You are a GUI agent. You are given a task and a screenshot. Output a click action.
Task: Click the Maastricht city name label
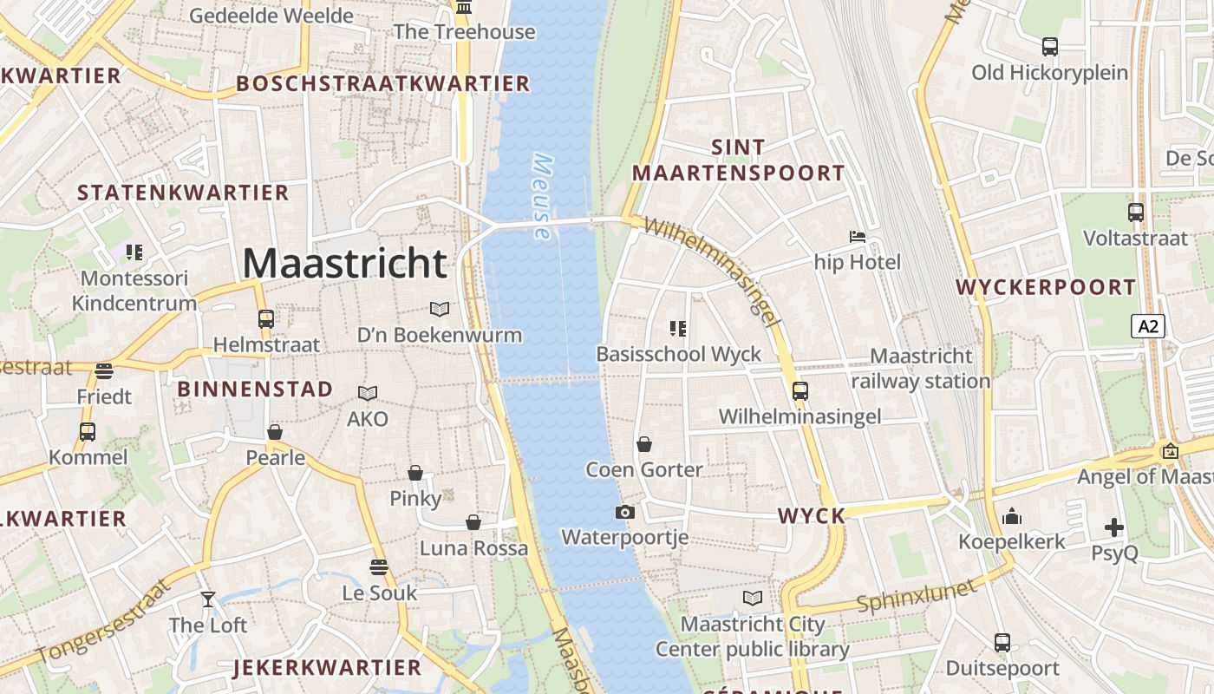[x=344, y=263]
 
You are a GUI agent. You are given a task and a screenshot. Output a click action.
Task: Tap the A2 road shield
[x=1148, y=326]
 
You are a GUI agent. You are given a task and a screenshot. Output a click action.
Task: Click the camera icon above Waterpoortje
[x=624, y=512]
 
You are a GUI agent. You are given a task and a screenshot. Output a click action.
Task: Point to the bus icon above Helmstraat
[x=266, y=318]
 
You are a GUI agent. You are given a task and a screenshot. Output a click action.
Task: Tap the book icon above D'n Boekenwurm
[x=441, y=309]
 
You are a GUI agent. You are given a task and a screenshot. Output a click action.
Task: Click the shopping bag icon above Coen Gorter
[x=644, y=444]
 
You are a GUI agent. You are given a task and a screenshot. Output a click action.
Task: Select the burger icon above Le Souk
[x=378, y=567]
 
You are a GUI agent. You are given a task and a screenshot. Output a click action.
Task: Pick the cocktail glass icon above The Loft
[x=208, y=599]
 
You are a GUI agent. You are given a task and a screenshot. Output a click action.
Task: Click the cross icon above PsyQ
[x=1114, y=527]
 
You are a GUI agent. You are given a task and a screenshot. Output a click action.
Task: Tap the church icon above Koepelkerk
[x=1011, y=517]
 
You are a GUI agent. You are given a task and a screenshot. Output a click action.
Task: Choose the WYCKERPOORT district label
[x=1046, y=287]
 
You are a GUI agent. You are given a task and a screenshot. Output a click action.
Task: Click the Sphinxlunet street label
[x=917, y=595]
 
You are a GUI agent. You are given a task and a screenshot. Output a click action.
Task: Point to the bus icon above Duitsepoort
[x=1002, y=643]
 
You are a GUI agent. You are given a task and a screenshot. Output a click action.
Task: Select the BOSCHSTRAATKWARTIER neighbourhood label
[x=382, y=83]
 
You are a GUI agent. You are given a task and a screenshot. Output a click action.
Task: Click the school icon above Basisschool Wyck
[x=678, y=328]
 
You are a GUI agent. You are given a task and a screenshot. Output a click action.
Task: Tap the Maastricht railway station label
[x=920, y=369]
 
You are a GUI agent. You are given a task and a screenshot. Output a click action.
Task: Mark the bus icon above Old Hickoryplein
[x=1050, y=47]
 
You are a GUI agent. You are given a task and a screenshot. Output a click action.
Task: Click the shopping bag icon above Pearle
[x=275, y=432]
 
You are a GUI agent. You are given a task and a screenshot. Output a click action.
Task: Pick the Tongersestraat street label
[x=102, y=620]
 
